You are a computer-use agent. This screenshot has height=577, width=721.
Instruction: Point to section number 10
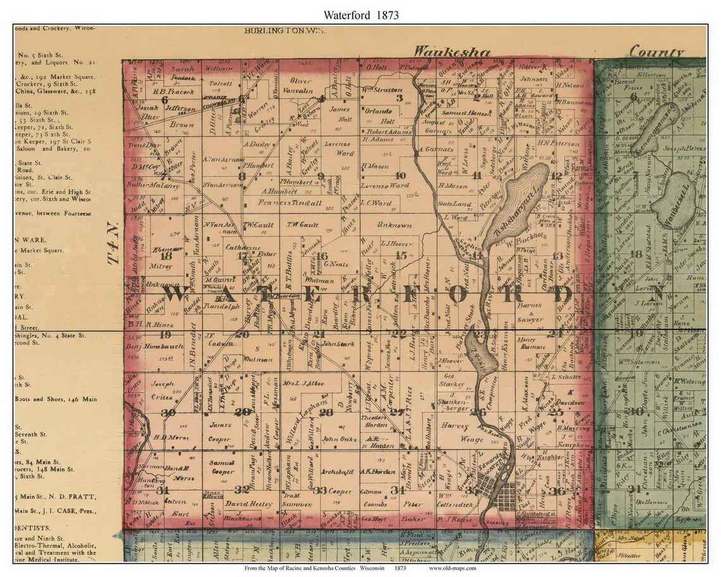click(x=400, y=176)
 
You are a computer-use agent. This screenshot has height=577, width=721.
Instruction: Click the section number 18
click(x=167, y=256)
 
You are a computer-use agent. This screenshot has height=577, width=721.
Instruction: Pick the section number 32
click(x=241, y=489)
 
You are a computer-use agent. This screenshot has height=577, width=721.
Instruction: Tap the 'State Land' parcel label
click(x=450, y=205)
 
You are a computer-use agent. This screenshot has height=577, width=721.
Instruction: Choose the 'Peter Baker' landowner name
click(x=414, y=511)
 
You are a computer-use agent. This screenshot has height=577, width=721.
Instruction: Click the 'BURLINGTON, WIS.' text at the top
click(x=274, y=30)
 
